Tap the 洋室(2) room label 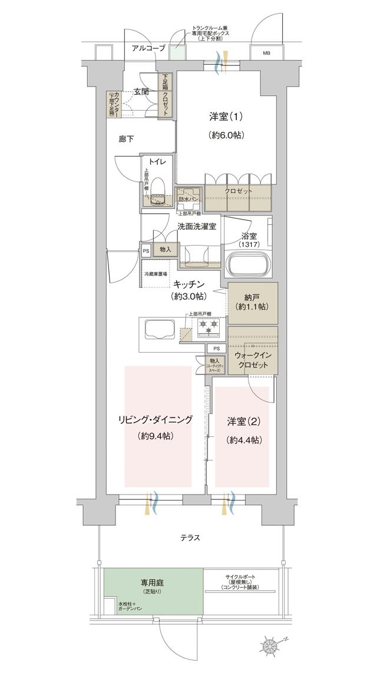coord(244,422)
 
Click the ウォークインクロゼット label coord(252,360)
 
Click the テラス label coord(190,538)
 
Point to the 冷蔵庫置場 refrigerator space coord(156,274)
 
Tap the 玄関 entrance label coord(140,91)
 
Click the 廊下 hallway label coord(126,138)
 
